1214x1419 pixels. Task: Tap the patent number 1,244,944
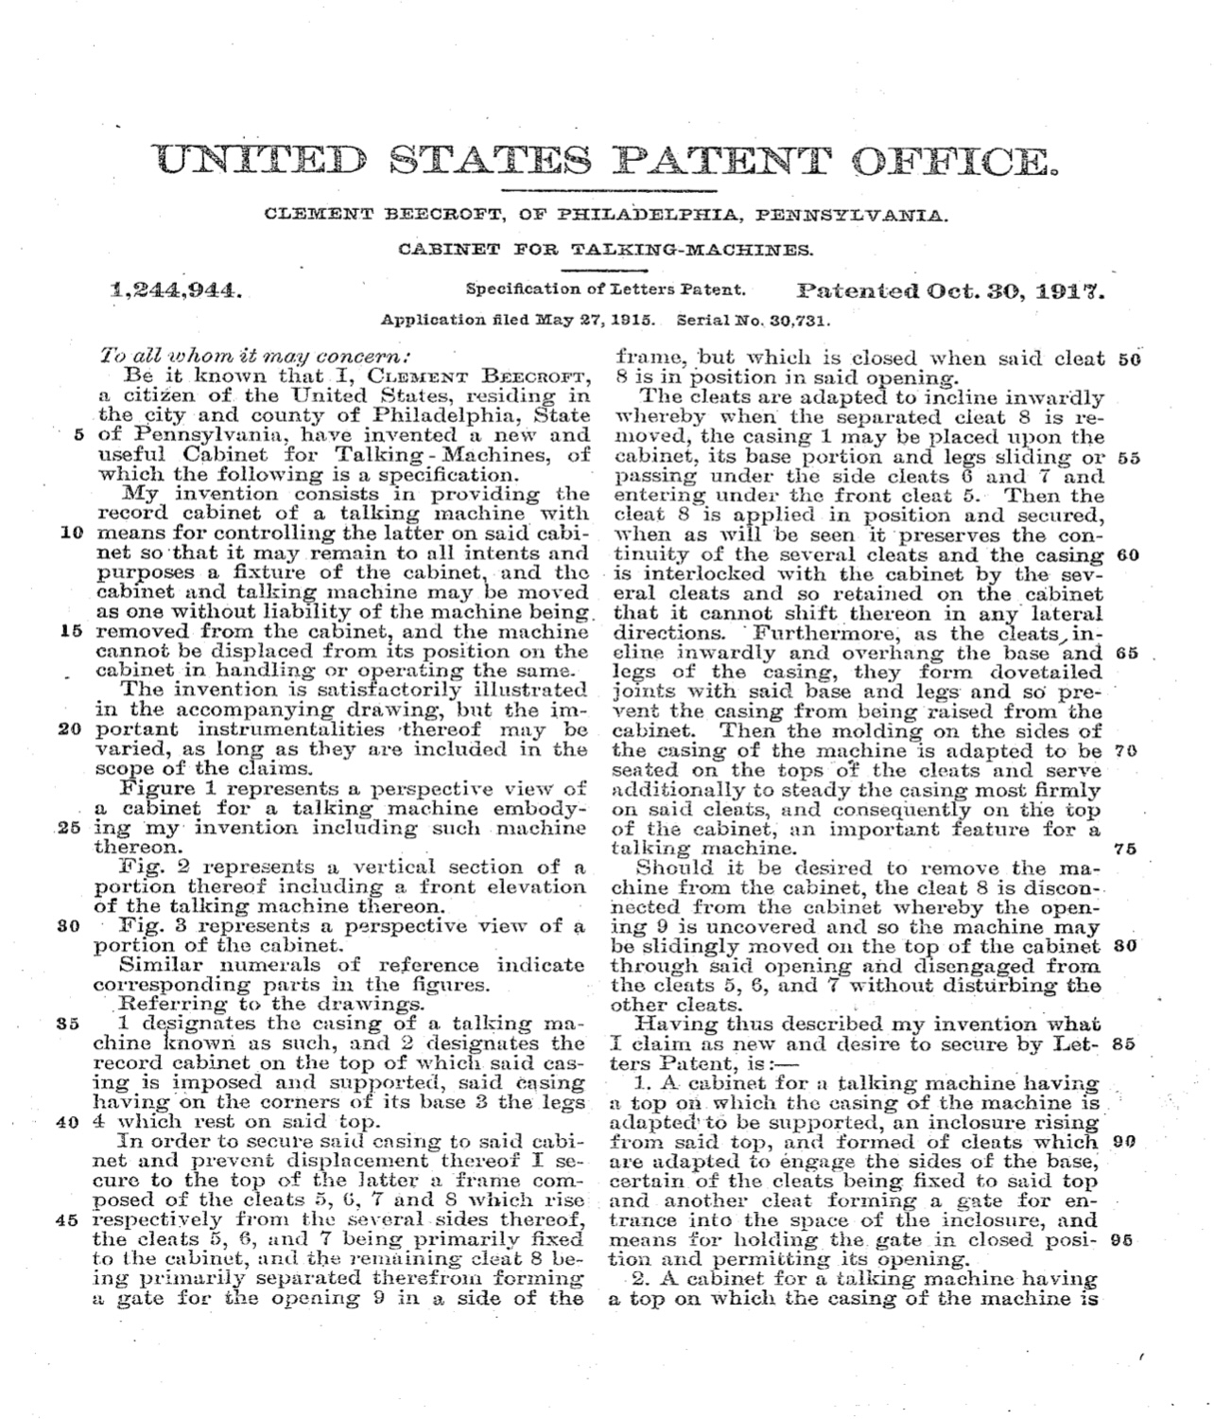coord(177,291)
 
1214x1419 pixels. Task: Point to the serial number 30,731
coord(801,320)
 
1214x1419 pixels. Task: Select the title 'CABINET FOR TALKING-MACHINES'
coord(605,251)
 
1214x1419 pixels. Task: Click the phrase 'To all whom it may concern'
coord(256,358)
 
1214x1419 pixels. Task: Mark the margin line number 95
coord(1122,1240)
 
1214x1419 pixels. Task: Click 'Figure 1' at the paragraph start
coord(162,788)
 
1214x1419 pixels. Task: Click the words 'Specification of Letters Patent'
coord(606,289)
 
